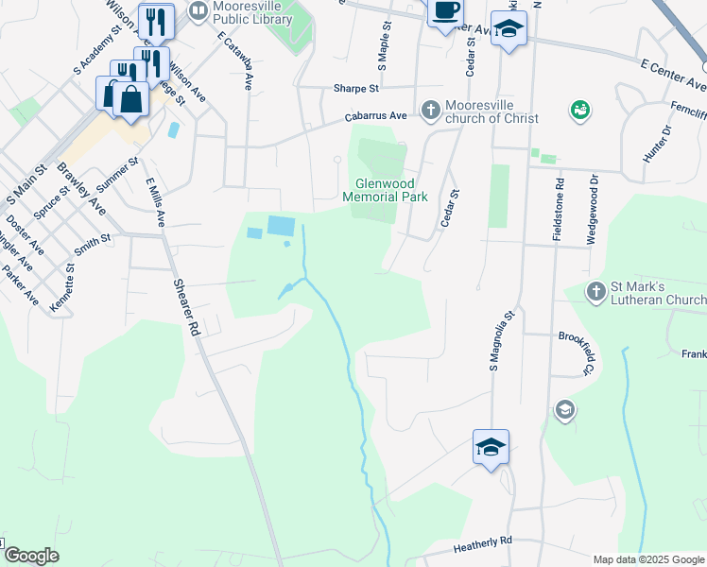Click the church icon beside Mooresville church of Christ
point(430,111)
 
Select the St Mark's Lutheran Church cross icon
point(595,292)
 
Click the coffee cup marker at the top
point(444,12)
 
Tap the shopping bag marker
point(130,98)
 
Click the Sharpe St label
point(355,88)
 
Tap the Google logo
point(31,556)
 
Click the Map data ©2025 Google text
point(647,559)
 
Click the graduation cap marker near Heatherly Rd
point(491,446)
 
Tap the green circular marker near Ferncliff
point(580,112)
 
